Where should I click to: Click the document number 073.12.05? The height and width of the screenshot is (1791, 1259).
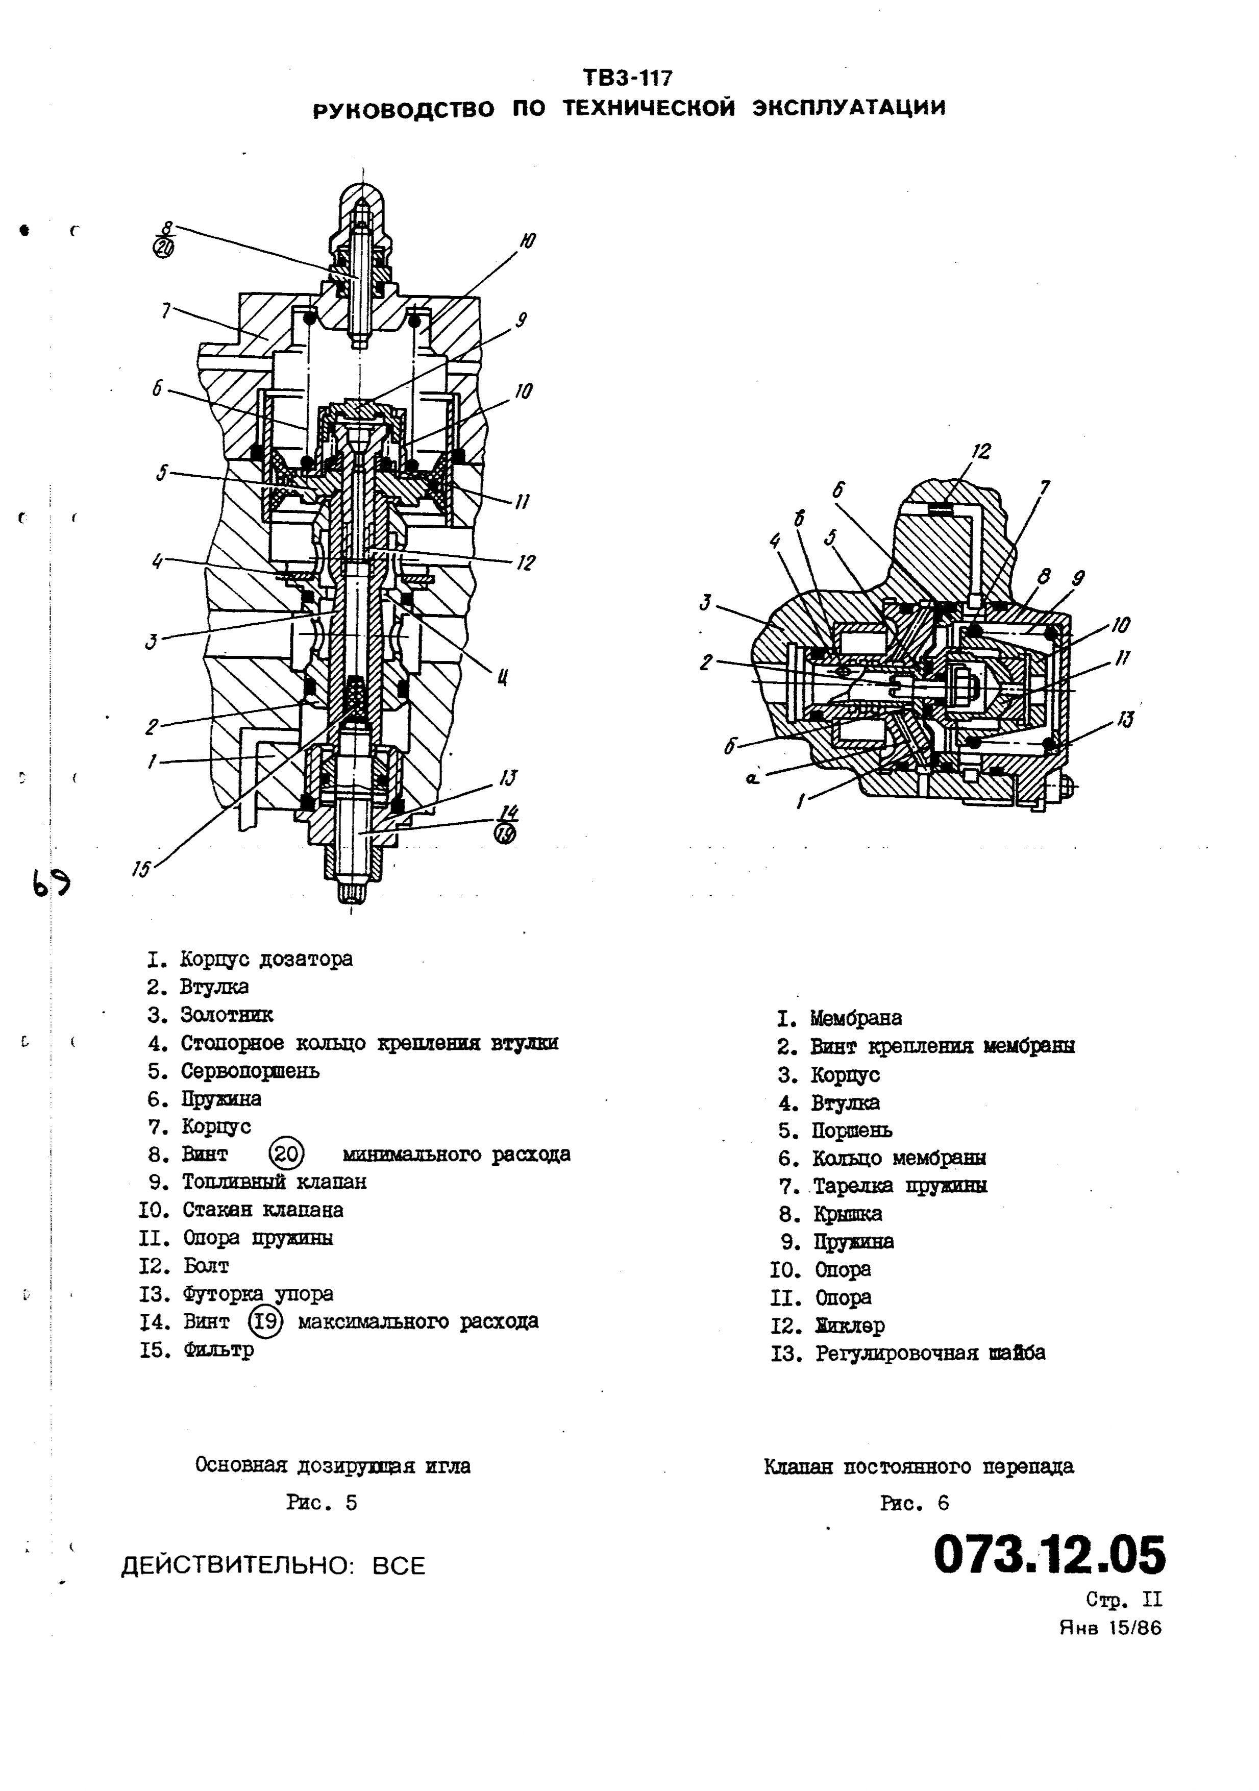tap(1049, 1555)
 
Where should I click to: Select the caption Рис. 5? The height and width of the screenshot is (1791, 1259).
tap(322, 1503)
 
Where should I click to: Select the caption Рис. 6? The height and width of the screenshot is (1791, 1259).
tap(914, 1503)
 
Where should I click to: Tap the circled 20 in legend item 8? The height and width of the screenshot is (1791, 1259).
tap(286, 1154)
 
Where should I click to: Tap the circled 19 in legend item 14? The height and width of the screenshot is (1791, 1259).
tap(265, 1321)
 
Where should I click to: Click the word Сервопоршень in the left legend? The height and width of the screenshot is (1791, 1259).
tap(250, 1071)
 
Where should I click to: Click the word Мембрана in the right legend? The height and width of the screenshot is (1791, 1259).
tap(856, 1018)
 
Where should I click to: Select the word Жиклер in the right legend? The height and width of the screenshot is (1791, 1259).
tap(850, 1326)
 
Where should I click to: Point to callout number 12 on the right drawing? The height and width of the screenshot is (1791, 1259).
tap(981, 452)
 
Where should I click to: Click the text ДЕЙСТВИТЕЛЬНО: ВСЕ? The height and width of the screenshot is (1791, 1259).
tap(273, 1565)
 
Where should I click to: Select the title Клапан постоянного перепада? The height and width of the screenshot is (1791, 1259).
tap(918, 1466)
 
